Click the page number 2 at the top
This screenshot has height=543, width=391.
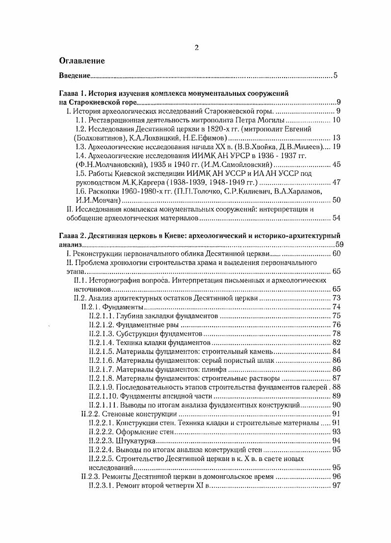(196, 48)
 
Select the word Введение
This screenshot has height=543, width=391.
(74, 76)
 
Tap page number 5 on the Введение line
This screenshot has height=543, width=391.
(335, 76)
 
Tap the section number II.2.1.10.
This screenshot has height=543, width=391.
(103, 396)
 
